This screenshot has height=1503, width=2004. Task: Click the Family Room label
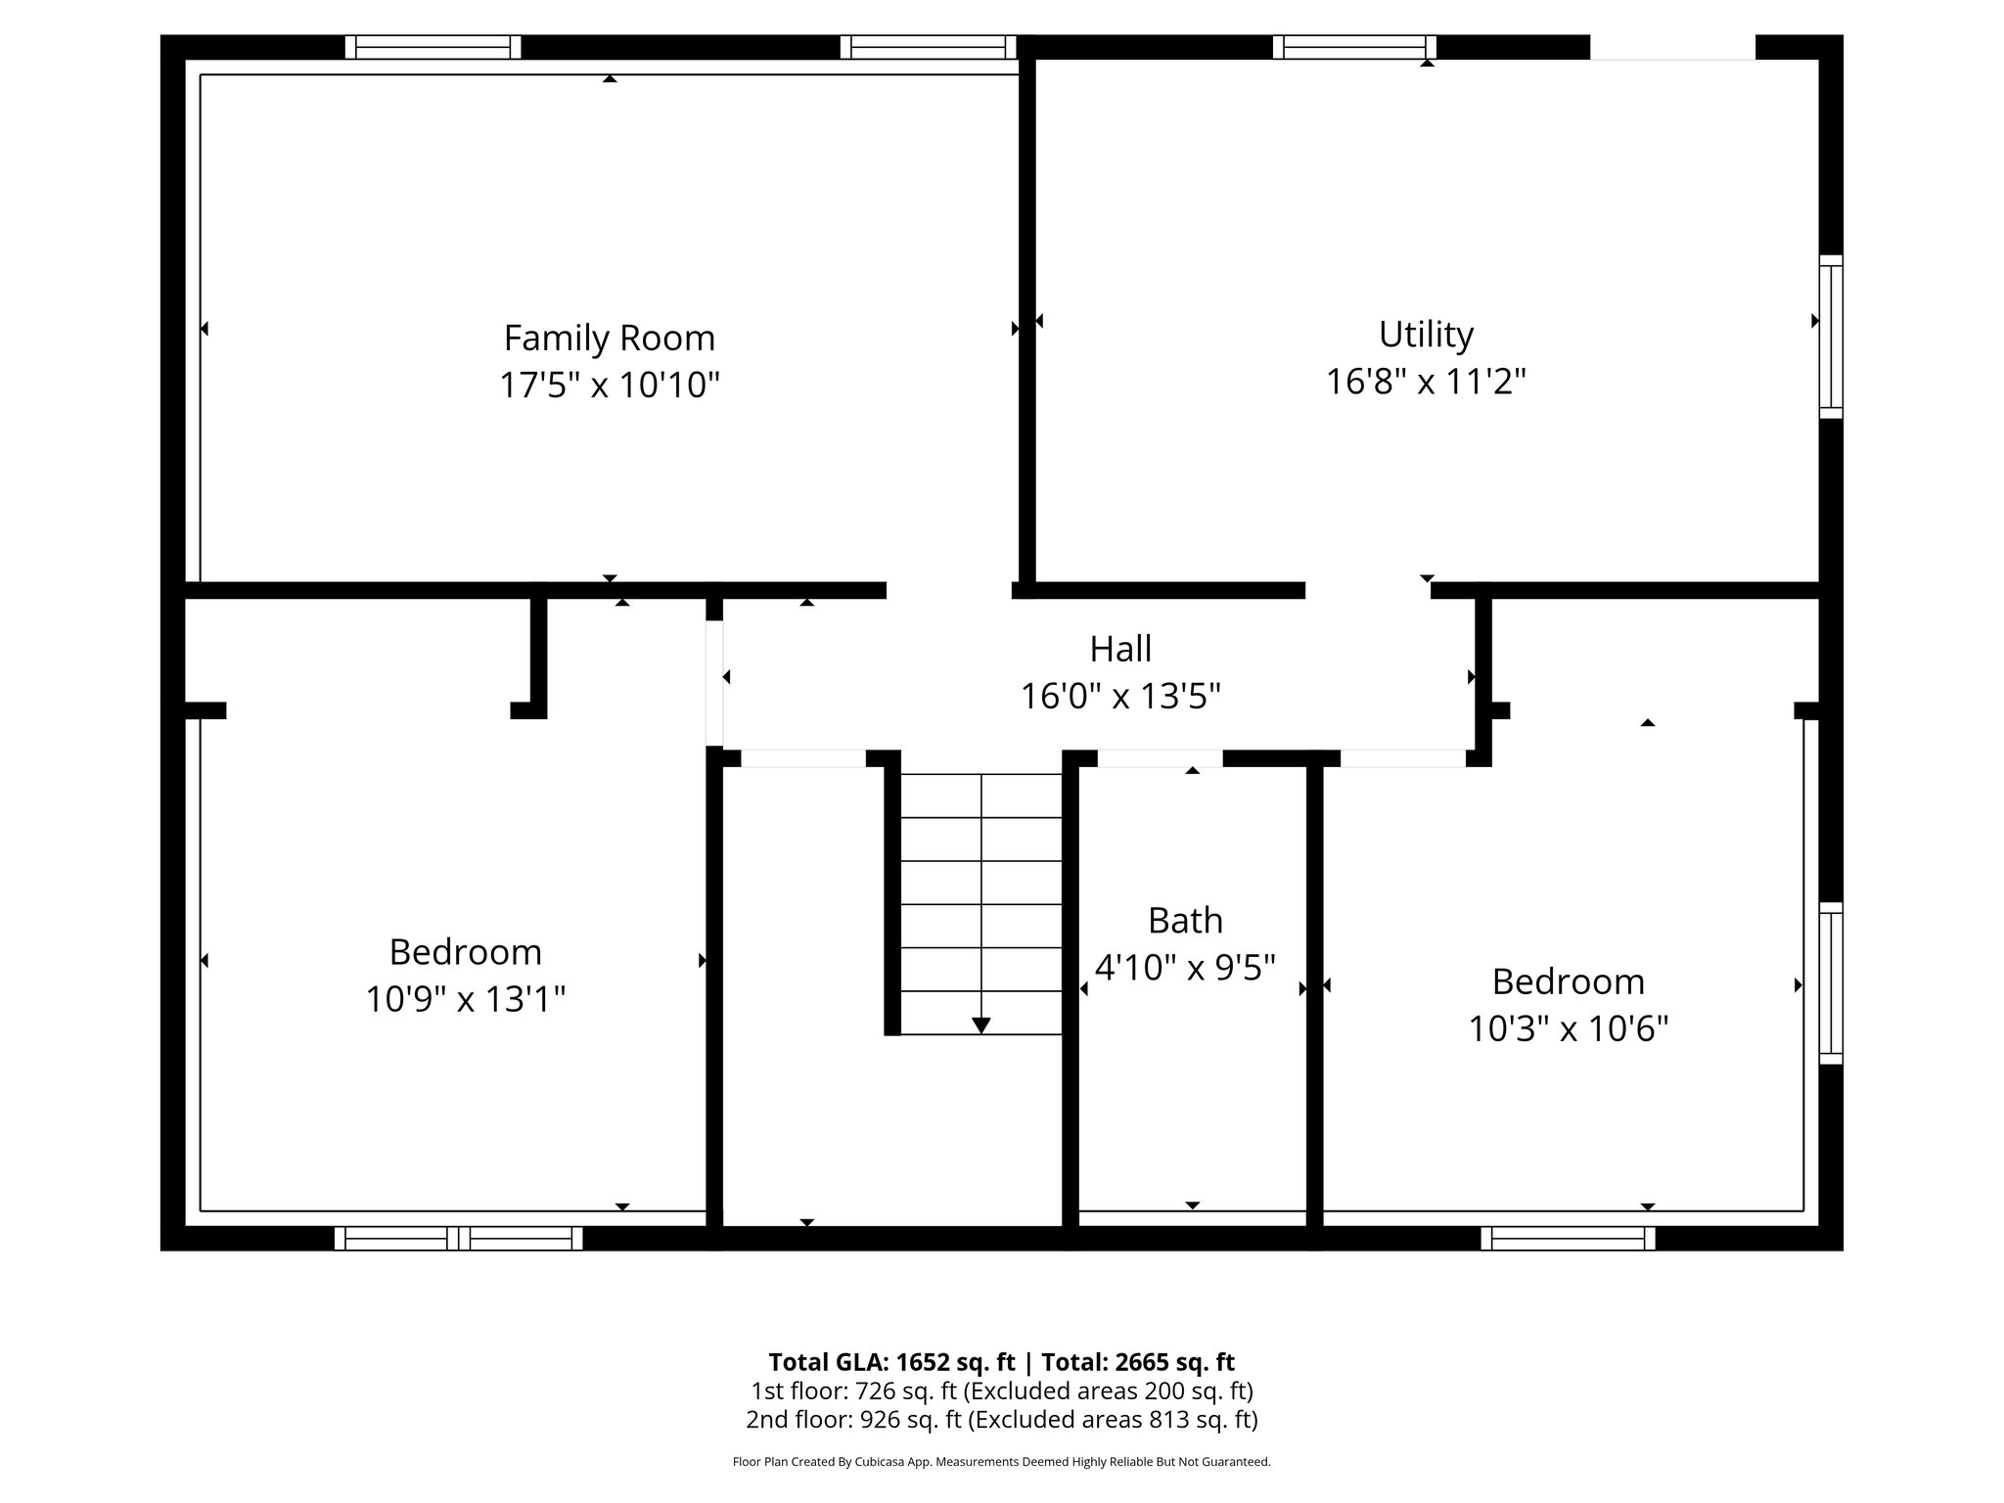point(609,339)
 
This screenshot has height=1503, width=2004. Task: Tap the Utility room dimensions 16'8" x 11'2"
point(1426,382)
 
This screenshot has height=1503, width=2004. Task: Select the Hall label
point(1120,649)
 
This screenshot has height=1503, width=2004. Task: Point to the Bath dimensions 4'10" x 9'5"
point(1184,968)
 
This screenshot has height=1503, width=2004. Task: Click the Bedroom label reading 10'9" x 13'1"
point(465,952)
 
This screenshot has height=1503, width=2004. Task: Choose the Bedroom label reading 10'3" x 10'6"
point(1568,981)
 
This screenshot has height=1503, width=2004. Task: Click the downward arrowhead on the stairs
point(980,1025)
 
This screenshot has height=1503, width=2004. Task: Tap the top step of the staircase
point(980,796)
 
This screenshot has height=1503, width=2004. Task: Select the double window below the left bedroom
point(458,1238)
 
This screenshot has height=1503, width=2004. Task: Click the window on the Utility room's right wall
point(1830,337)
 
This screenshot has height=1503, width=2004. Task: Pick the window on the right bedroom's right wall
point(1830,982)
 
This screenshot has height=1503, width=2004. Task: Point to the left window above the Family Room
point(433,47)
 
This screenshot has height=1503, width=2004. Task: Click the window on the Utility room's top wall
point(1354,47)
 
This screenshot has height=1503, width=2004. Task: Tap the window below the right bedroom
point(1568,1238)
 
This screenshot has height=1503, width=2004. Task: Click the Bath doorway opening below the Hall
point(1160,758)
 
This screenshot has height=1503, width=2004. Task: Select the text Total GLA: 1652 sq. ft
point(890,1362)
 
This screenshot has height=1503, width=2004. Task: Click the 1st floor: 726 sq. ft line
point(1001,1390)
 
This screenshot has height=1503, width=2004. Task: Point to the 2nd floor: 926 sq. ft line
point(1001,1419)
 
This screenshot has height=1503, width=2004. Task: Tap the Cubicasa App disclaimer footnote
point(1001,1462)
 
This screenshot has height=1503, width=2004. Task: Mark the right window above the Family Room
point(928,47)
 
